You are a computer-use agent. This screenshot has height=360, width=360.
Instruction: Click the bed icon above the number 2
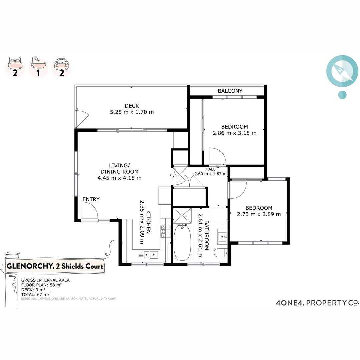click(x=15, y=62)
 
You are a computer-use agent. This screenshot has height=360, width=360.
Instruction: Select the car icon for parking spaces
click(x=61, y=63)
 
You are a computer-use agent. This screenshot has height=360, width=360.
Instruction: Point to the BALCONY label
click(x=230, y=91)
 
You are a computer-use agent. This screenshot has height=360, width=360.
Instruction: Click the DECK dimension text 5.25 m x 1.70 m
click(x=132, y=112)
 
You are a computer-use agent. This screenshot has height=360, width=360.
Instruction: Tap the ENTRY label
click(x=91, y=199)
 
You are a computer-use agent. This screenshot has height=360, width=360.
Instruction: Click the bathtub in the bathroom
click(x=182, y=242)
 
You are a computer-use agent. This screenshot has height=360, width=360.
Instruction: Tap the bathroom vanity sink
click(x=222, y=236)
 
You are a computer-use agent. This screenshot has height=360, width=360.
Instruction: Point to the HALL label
click(x=210, y=169)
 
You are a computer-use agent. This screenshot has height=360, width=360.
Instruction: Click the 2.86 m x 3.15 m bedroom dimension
click(x=234, y=133)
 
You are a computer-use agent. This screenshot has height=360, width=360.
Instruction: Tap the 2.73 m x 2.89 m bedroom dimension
click(x=259, y=214)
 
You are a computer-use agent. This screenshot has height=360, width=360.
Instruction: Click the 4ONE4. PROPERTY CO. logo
click(x=317, y=303)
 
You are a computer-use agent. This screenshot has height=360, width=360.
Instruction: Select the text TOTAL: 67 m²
click(x=35, y=294)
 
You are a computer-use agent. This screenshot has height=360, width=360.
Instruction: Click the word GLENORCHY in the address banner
click(x=25, y=267)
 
